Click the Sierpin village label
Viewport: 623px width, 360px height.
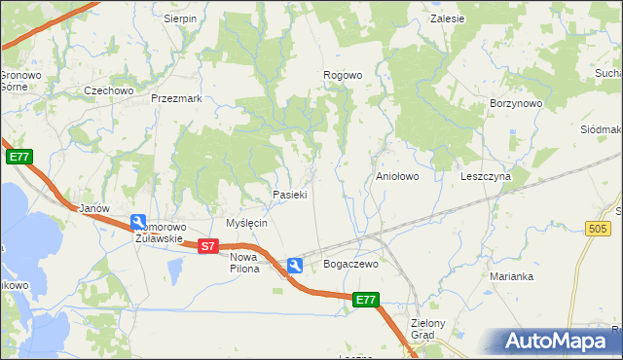click(180, 18)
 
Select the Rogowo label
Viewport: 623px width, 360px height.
click(343, 75)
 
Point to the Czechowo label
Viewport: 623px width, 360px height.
click(108, 90)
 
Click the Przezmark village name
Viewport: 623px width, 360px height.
click(176, 98)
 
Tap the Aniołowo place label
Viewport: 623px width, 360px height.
click(397, 177)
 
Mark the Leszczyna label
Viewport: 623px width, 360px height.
click(486, 177)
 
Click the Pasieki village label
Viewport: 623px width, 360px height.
click(290, 195)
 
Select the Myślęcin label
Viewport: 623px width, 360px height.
click(246, 223)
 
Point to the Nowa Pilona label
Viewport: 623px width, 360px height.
click(245, 263)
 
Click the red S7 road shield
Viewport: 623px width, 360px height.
click(207, 246)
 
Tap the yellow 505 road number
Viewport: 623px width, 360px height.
click(600, 228)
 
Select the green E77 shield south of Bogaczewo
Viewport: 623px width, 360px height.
click(365, 301)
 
